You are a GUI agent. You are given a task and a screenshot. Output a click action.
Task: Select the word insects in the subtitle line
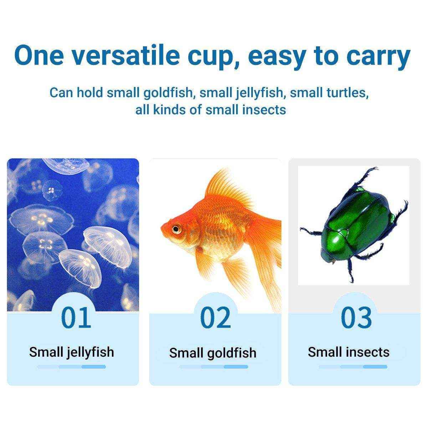[264, 109]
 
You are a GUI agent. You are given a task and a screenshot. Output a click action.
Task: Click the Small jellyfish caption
[72, 352]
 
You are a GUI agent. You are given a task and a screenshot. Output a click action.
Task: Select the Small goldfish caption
[213, 353]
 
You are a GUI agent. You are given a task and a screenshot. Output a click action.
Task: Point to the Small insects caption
[349, 352]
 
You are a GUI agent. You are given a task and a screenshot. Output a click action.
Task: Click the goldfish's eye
[176, 228]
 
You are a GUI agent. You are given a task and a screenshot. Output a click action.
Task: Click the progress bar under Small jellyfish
[71, 367]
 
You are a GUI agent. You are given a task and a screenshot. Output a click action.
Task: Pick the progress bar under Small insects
[353, 367]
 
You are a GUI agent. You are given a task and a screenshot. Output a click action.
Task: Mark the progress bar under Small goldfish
[213, 367]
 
